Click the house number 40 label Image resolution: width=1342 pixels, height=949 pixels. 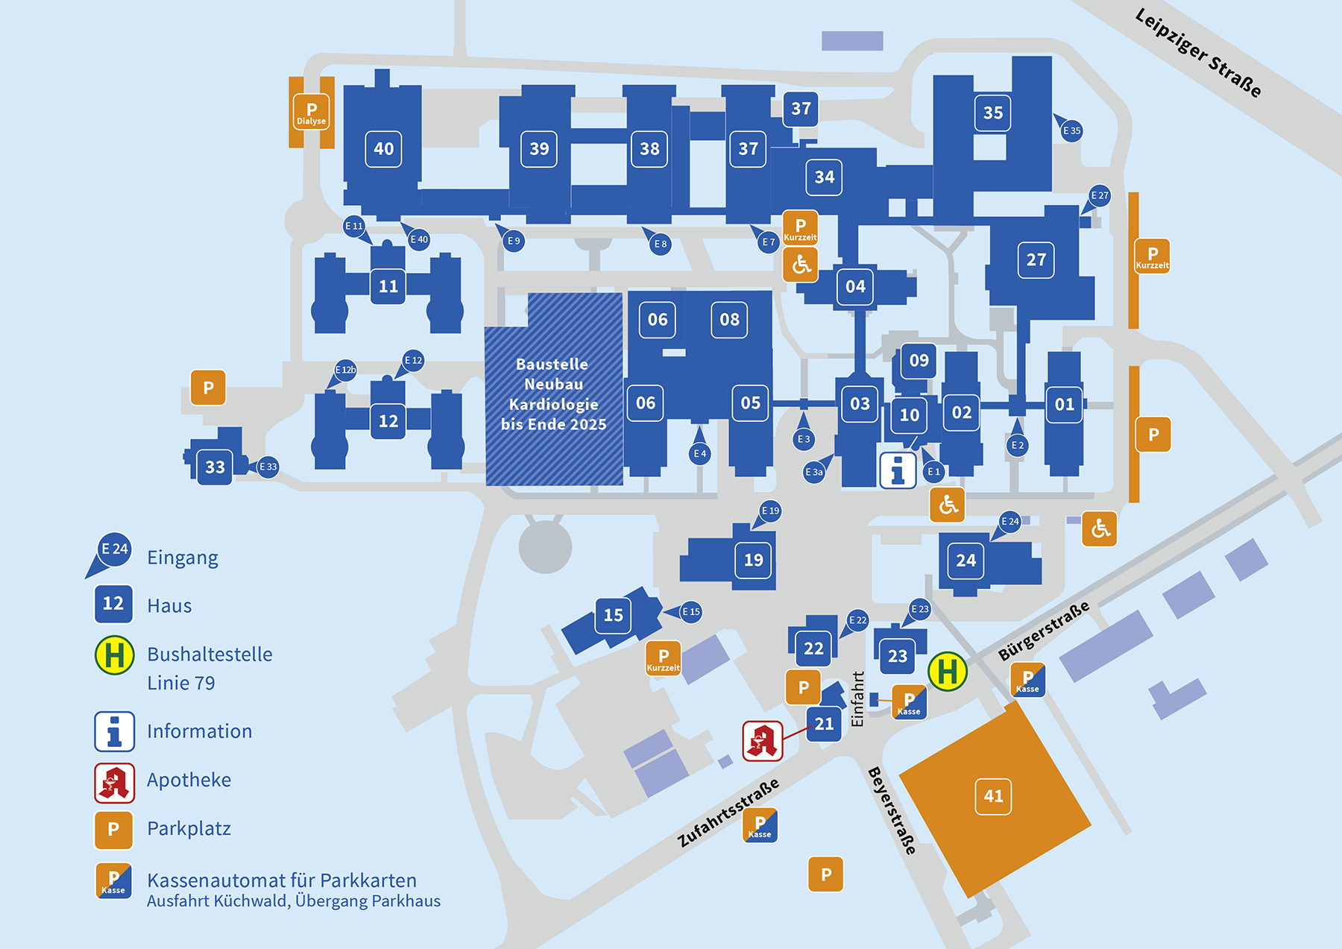pos(384,149)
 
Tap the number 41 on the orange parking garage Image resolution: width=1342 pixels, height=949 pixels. pos(993,796)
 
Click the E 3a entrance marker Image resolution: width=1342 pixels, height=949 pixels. pos(815,471)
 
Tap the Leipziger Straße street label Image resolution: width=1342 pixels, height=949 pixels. pos(1198,53)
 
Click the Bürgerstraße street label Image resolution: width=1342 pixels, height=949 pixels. pos(1044,631)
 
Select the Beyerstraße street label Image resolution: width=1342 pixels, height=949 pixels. pos(892,810)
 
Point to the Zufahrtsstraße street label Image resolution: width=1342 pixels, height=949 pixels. pos(728,813)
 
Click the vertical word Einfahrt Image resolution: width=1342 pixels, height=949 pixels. pos(857,699)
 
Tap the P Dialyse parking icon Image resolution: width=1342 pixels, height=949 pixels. pos(312,112)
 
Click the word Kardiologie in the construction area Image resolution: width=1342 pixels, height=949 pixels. pos(553,404)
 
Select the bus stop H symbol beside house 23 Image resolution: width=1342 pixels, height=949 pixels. pos(948,671)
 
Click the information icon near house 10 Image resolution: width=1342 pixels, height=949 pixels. pos(898,470)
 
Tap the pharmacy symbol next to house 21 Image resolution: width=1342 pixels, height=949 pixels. pos(763,741)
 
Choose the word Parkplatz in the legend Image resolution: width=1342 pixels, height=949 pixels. pos(189,828)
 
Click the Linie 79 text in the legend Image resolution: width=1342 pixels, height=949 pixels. pos(181,683)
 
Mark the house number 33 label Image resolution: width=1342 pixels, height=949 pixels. pos(215,467)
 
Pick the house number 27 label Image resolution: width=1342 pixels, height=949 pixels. pos(1036,259)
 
